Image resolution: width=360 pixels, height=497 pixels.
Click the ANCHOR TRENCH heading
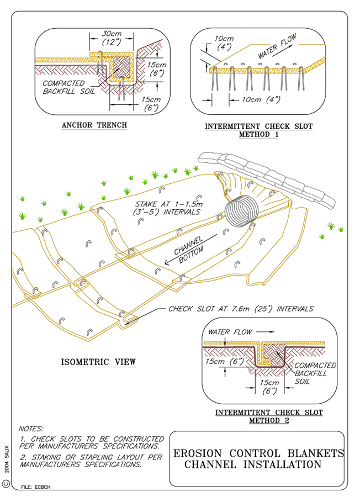pos(94,125)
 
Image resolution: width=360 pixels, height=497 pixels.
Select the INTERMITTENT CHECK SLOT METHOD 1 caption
pos(258,130)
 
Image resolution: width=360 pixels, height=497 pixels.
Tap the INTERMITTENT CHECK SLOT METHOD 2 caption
pos(269,416)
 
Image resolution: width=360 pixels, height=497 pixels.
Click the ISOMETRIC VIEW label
pos(98,362)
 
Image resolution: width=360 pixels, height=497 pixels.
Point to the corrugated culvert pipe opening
pos(241,211)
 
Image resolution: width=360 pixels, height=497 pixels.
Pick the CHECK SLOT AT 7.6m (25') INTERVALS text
pos(241,309)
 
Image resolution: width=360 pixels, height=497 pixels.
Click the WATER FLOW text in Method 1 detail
pos(278,47)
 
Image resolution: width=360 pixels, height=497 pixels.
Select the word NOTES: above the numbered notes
pos(33,429)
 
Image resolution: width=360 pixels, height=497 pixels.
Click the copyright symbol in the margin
pos(7,483)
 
